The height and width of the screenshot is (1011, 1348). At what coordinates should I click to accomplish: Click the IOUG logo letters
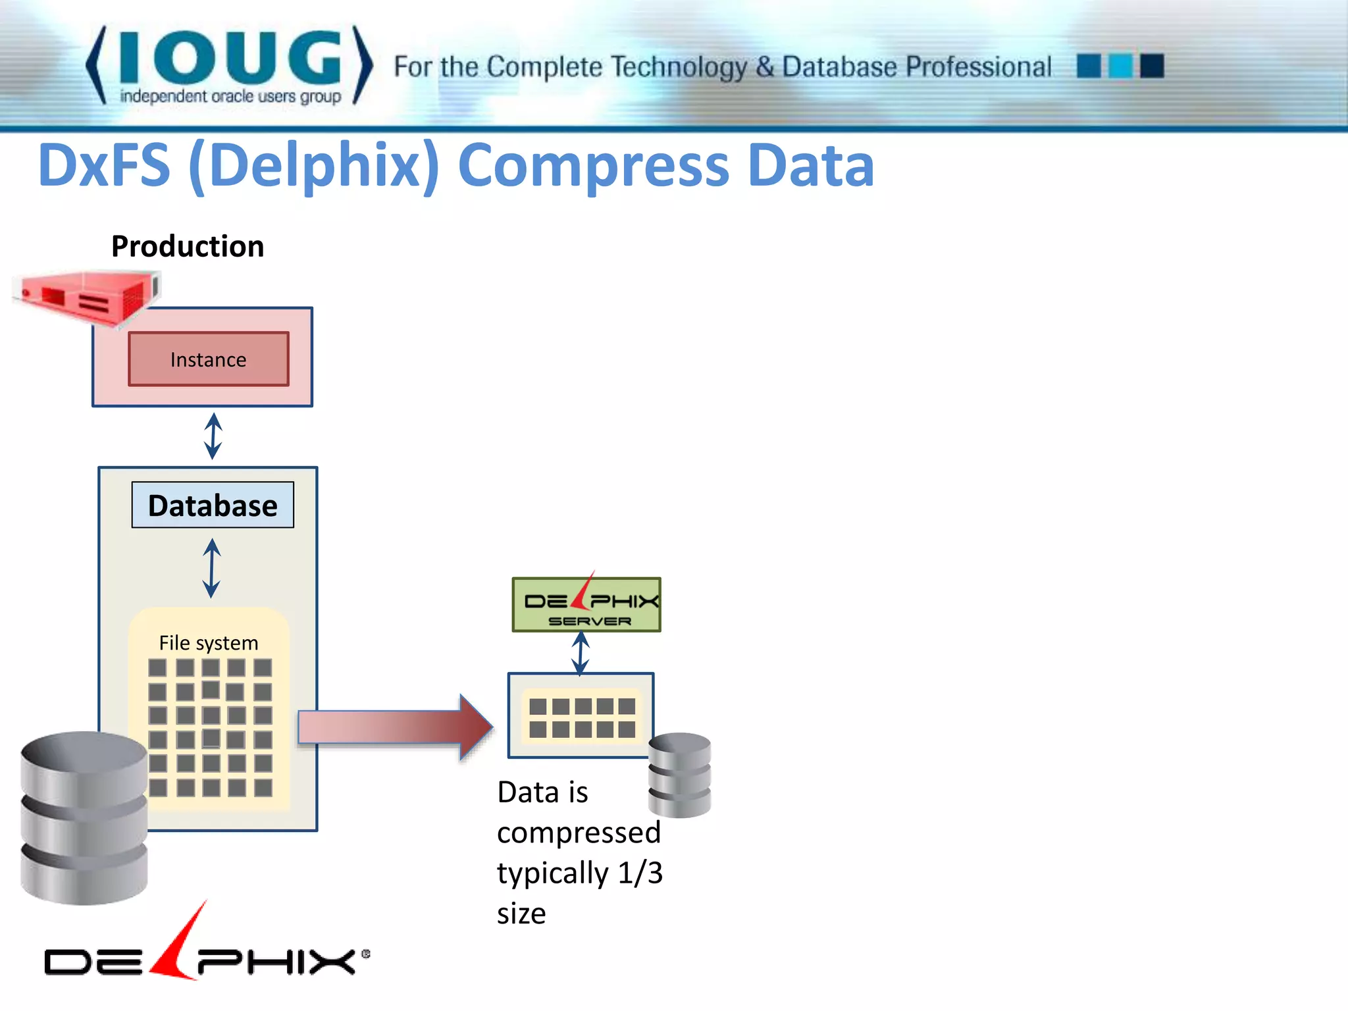pos(230,58)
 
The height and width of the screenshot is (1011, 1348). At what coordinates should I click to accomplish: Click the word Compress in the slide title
pos(593,165)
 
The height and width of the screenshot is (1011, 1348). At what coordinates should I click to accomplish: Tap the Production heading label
pos(188,247)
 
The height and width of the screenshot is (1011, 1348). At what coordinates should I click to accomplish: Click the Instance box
pos(208,359)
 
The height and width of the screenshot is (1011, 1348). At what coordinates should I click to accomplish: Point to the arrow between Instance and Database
pos(213,436)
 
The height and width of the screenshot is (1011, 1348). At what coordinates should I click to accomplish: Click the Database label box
pos(213,505)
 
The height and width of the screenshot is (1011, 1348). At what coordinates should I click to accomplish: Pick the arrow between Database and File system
pos(211,567)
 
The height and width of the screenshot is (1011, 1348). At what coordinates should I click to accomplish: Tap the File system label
pos(209,643)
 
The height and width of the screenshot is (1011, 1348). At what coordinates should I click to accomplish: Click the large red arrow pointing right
pos(395,727)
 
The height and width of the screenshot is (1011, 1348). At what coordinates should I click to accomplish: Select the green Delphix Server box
pos(586,605)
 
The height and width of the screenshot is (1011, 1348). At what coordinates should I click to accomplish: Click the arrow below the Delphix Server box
pos(580,653)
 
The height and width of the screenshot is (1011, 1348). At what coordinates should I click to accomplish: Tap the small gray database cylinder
pos(679,775)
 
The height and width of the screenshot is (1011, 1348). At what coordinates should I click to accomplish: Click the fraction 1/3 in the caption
pos(640,873)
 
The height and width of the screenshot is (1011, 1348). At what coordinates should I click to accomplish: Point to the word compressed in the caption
pos(579,833)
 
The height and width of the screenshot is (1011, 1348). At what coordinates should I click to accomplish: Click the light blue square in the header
pos(1120,66)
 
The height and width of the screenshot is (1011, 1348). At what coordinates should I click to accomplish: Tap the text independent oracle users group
pos(230,97)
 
